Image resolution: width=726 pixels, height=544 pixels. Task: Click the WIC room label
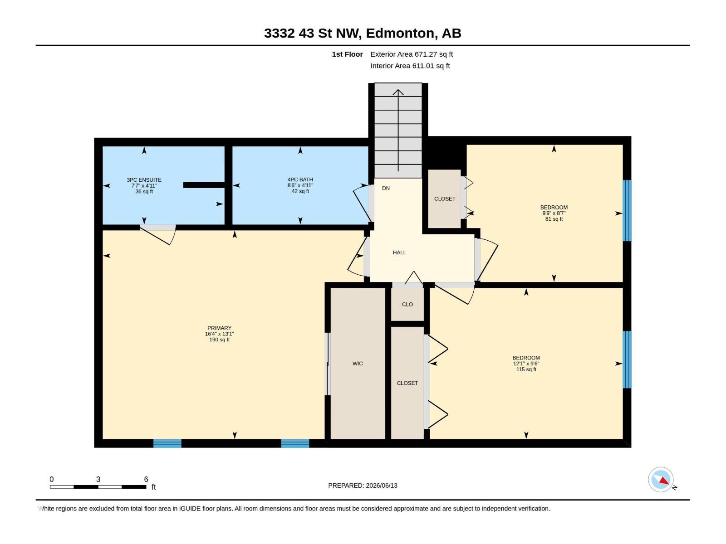click(x=358, y=364)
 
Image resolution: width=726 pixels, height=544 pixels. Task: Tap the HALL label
click(x=399, y=253)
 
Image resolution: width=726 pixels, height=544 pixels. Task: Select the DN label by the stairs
click(x=386, y=188)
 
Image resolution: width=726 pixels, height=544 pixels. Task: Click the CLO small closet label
click(x=407, y=305)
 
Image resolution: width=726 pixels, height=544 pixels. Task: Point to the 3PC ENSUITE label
click(x=144, y=180)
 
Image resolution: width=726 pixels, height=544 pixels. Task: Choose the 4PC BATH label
click(x=300, y=180)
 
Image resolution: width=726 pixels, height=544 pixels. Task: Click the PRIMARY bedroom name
click(x=219, y=328)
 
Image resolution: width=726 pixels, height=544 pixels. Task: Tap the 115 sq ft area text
click(x=526, y=369)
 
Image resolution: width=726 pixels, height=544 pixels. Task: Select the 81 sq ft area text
click(x=554, y=219)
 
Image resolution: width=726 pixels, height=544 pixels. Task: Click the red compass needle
click(x=663, y=481)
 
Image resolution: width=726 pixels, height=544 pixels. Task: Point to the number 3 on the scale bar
click(x=98, y=479)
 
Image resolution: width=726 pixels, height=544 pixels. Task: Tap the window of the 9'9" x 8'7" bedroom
click(x=627, y=211)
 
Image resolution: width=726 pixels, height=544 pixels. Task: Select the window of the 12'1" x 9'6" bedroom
click(x=627, y=359)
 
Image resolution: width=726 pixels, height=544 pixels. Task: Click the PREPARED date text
click(x=363, y=486)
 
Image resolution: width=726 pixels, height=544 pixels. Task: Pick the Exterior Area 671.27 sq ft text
click(x=412, y=54)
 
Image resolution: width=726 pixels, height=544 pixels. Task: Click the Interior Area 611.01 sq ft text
click(x=410, y=66)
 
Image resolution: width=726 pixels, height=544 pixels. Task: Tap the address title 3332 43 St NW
click(x=311, y=33)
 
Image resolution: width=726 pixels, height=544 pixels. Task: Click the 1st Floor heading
click(x=347, y=54)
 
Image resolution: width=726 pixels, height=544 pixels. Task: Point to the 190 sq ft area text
click(x=219, y=340)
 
